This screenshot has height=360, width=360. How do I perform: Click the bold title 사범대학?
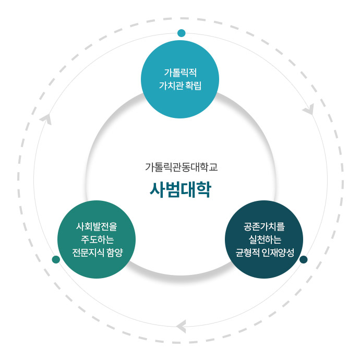click(180, 189)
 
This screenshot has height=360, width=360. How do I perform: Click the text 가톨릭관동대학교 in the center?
click(180, 167)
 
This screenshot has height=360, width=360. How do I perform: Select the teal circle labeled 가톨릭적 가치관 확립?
click(180, 79)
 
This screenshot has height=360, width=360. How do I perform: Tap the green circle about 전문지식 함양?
click(97, 239)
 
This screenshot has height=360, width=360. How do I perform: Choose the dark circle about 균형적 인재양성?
click(264, 239)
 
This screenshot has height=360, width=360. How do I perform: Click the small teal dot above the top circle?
click(181, 33)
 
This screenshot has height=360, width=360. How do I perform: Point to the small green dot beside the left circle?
click(56, 259)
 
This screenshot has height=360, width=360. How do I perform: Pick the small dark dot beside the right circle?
click(304, 259)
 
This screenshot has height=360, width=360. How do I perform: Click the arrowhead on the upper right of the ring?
click(309, 110)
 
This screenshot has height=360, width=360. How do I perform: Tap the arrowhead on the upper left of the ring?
click(46, 119)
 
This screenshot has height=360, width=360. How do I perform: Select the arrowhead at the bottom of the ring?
click(181, 327)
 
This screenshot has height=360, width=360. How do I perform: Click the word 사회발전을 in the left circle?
click(97, 227)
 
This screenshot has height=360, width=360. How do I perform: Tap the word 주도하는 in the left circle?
click(97, 240)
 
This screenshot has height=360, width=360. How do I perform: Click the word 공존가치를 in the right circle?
click(264, 227)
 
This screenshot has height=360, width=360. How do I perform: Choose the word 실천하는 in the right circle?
click(264, 240)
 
